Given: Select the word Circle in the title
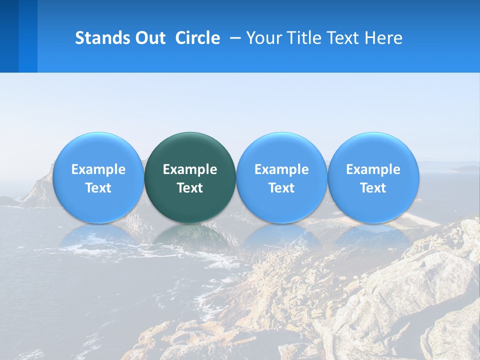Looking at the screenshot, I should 197,38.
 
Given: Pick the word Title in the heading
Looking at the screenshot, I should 301,38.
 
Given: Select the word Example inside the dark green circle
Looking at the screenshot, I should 190,169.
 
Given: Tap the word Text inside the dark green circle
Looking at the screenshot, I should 190,188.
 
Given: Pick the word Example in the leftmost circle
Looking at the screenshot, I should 98,169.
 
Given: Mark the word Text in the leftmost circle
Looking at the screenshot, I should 98,188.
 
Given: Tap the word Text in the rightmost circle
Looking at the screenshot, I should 373,188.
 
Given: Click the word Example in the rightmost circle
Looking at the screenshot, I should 373,169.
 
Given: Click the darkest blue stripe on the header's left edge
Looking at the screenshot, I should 9,36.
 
